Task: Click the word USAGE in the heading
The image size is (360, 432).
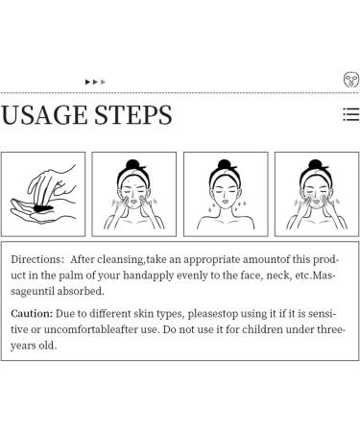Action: pos(44,115)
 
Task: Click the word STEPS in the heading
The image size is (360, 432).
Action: pos(133,115)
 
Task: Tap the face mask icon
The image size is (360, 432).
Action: pos(351,80)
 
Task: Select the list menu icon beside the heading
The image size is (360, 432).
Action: pos(351,114)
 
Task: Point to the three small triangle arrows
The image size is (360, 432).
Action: pos(95,82)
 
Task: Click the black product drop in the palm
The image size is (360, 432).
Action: pos(43,208)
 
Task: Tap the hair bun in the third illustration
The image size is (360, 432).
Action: pos(225,164)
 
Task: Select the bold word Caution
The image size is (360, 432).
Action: pos(32,314)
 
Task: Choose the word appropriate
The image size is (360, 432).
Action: pos(211,260)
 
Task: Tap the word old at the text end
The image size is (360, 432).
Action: pos(48,346)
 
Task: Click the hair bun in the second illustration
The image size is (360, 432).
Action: pos(132,164)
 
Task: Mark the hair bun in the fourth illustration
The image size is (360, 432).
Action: pos(315,164)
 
